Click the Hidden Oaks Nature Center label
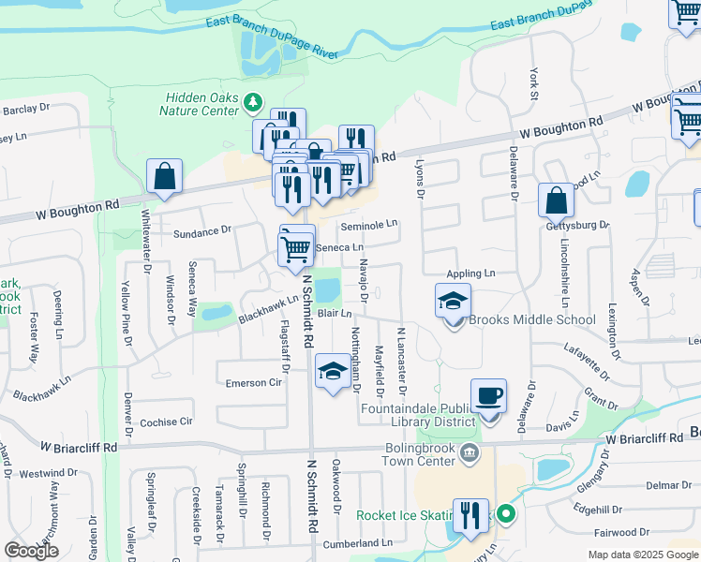tap(202, 104)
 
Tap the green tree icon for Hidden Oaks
tap(252, 100)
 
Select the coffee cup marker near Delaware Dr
tap(488, 397)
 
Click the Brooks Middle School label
tap(532, 320)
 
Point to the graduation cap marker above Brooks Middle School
tap(453, 303)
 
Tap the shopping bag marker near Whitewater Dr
tap(164, 176)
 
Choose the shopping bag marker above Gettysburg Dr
tap(556, 200)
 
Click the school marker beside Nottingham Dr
tap(333, 373)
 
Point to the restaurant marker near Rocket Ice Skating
tap(470, 515)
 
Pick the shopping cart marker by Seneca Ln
tap(296, 248)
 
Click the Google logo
tap(31, 551)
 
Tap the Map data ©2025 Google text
tap(643, 555)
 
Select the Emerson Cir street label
tap(253, 383)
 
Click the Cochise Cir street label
tap(165, 422)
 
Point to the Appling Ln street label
tap(470, 274)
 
